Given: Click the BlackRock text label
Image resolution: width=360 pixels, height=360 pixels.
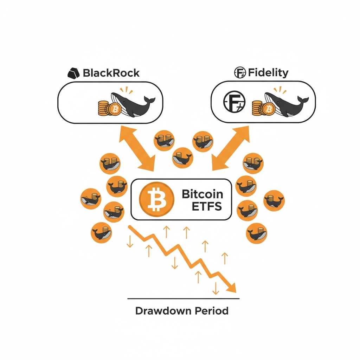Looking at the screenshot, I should click(111, 73).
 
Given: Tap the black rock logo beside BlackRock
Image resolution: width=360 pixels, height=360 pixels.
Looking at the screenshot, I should click(74, 73).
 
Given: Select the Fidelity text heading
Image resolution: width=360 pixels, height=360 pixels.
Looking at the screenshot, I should click(268, 72).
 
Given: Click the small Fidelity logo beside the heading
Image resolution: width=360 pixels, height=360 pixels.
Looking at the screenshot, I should click(240, 72).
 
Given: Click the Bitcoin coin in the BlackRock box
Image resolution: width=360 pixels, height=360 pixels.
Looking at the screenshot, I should click(115, 109).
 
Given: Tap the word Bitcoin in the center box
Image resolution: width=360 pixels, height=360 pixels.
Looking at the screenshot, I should click(202, 194).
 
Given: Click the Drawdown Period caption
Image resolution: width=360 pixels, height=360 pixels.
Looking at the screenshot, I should click(182, 311).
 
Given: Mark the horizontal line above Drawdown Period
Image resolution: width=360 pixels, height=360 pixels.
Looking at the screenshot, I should click(183, 298).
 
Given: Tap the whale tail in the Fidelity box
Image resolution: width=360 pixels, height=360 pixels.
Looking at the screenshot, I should click(303, 100).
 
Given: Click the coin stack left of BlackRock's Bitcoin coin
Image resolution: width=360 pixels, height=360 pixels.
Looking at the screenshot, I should click(103, 108).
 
